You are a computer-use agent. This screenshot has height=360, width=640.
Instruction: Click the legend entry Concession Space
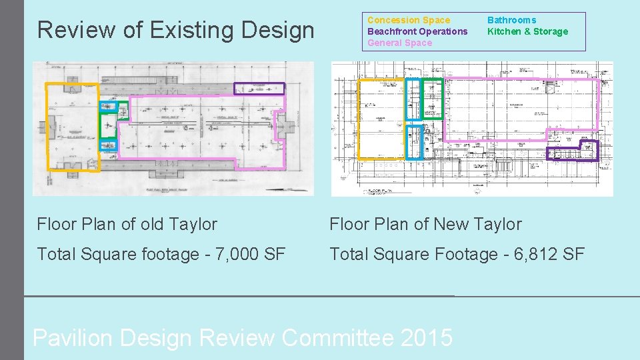coord(409,20)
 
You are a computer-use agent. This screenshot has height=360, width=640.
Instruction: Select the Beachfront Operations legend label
coord(417,31)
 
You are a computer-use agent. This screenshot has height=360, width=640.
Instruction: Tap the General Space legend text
coord(399,43)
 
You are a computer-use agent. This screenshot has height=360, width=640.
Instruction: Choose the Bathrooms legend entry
coord(511,20)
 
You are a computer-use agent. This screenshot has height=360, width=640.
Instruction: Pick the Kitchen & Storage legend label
coord(527,31)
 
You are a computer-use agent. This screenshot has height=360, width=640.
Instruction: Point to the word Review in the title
coord(75,30)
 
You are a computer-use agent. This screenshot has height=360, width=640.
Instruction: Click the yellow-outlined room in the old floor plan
coord(71,127)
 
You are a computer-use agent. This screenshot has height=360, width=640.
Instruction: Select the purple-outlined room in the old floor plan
coord(259,89)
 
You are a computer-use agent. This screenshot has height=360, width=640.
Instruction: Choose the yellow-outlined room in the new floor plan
coord(381,119)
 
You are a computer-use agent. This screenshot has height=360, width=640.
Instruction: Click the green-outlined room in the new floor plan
coord(432,99)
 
